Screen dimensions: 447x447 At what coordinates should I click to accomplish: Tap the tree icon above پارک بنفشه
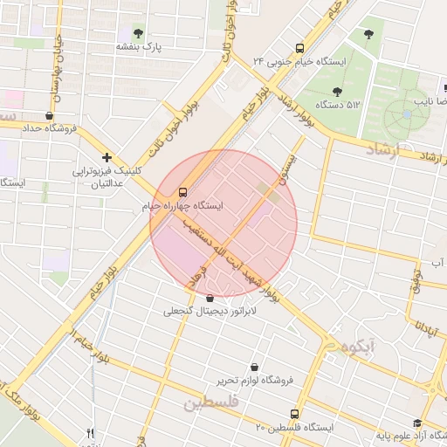pos(137,32)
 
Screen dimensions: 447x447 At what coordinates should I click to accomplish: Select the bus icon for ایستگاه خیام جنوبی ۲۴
pos(300,49)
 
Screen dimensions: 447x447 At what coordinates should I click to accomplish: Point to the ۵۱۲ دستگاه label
pos(341,105)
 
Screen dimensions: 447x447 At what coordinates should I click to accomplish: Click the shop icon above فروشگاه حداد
pos(49,115)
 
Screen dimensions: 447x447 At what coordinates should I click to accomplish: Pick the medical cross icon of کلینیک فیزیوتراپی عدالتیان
pos(107,158)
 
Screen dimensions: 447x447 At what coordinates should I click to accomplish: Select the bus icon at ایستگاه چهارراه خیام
pos(182,191)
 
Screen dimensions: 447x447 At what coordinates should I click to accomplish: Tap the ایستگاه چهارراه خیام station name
pos(182,206)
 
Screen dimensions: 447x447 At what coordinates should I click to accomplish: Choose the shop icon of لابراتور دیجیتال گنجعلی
pos(210,298)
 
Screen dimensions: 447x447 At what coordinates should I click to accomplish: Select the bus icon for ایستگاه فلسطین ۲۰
pos(294,413)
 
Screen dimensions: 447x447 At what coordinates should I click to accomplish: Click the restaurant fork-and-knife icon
pos(90,434)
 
